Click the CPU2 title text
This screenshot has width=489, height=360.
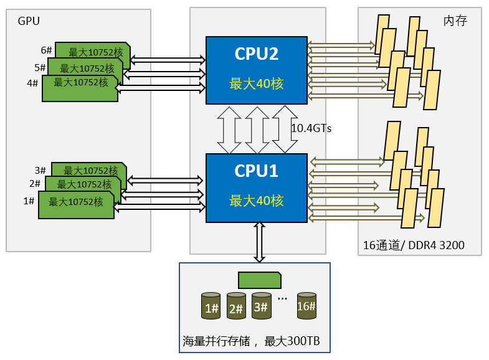(256, 54)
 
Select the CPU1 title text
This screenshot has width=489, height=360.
(256, 171)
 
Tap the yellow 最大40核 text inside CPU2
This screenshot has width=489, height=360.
(256, 83)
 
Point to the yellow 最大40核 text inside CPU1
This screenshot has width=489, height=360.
(256, 201)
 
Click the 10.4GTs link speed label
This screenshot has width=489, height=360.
(311, 128)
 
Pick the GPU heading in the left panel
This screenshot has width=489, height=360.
(29, 21)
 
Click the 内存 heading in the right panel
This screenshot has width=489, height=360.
(455, 21)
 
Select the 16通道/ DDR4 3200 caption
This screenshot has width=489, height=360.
(414, 245)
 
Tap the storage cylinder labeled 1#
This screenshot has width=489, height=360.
(211, 306)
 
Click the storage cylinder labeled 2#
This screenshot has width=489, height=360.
(236, 306)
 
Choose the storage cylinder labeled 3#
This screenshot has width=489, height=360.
(261, 306)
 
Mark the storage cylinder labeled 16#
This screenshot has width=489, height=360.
(306, 306)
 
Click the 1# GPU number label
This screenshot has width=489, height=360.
(29, 201)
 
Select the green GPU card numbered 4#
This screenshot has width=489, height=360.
(79, 88)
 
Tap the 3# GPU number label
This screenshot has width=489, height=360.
(41, 170)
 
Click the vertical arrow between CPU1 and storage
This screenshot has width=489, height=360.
(259, 242)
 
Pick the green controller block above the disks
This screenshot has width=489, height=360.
(259, 280)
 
